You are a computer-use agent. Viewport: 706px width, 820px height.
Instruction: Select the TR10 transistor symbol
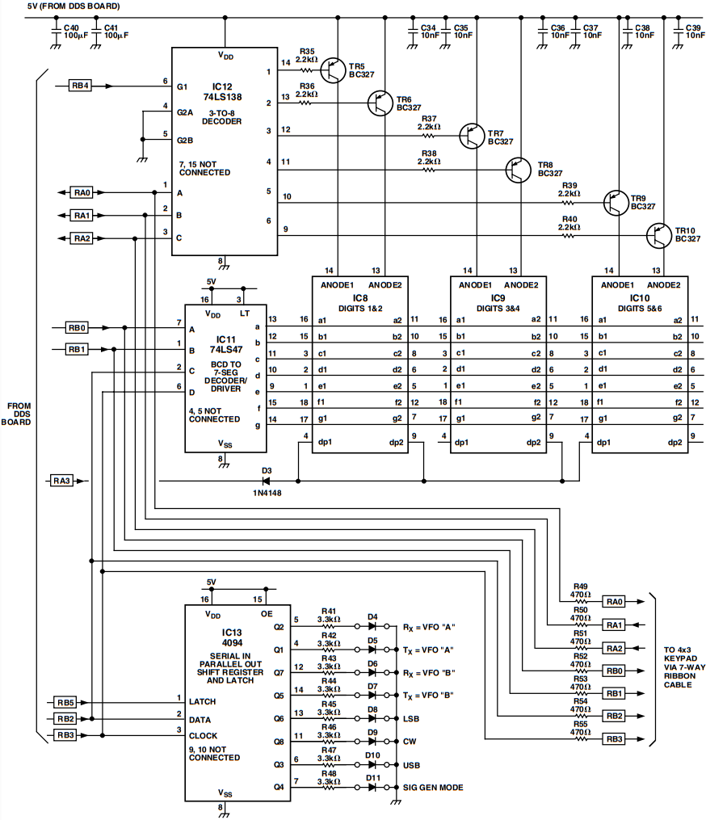pyautogui.click(x=662, y=236)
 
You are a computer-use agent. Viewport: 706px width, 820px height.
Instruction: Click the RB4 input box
pyautogui.click(x=80, y=83)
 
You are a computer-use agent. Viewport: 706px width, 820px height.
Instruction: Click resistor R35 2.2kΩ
pyautogui.click(x=305, y=70)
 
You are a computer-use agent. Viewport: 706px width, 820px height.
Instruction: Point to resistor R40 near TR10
pyautogui.click(x=569, y=235)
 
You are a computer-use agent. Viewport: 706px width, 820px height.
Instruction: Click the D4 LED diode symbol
pyautogui.click(x=372, y=626)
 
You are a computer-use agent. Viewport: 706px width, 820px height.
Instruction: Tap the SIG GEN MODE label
pyautogui.click(x=433, y=787)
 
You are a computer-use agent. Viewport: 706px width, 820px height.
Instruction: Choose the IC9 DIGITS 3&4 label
pyautogui.click(x=497, y=302)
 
